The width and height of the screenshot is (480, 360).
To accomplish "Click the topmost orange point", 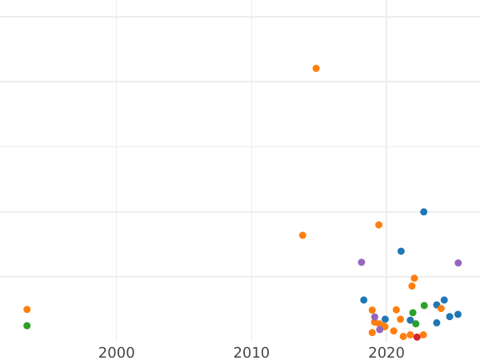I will pos(316,69).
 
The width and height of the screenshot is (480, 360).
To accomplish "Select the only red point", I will pos(417,337).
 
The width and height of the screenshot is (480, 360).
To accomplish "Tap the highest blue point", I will pos(424,212).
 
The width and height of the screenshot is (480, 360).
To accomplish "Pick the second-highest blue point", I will pos(401,251).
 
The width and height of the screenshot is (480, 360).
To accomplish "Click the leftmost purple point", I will pos(362,262).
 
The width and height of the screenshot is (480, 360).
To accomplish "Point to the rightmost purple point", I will pos(458,263).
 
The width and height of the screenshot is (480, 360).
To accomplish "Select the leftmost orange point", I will pos(26,310).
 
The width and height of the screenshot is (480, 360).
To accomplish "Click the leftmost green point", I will pos(26,326).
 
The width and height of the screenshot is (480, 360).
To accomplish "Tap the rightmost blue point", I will pos(458,314).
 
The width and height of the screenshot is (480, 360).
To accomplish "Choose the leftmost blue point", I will pos(363,300).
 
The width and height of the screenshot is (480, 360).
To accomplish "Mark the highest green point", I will pos(424,306).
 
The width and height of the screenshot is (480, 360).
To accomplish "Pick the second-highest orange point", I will pos(378,225).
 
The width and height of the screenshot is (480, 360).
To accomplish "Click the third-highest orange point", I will pos(302,235).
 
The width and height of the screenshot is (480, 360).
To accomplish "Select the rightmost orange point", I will pos(441,308).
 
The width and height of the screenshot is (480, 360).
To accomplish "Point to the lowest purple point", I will pos(380,330).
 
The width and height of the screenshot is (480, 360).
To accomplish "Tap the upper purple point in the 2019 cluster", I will pos(374,317).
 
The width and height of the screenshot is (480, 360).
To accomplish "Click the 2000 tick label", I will pos(117,353).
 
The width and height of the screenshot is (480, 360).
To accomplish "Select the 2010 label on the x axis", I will pos(252,353).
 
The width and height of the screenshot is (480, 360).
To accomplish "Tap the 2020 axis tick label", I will pos(386,353).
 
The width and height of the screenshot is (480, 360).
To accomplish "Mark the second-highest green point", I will pos(413,313).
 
